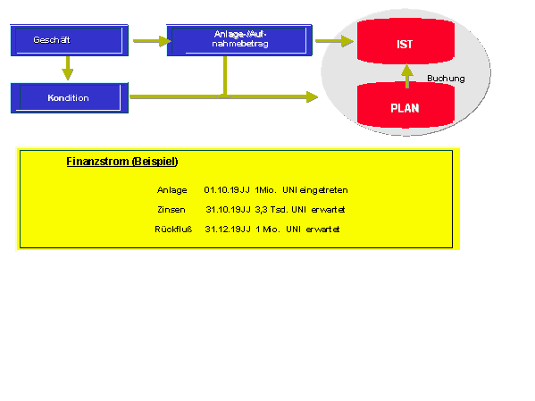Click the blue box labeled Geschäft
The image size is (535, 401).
70,40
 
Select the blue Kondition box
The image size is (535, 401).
70,98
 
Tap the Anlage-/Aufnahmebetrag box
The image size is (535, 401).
239,40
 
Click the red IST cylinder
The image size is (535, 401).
405,41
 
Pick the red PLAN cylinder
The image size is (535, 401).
405,105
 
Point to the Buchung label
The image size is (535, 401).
446,79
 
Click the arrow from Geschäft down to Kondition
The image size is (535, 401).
68,68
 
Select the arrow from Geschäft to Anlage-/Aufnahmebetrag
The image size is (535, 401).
152,41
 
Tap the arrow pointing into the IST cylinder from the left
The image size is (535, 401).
334,41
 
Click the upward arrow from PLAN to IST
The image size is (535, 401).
407,76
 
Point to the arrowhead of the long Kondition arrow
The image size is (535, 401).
313,97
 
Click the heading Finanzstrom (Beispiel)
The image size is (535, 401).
122,162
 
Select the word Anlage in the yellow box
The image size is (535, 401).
172,190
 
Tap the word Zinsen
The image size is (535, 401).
171,210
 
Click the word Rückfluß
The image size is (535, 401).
173,229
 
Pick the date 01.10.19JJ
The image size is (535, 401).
227,190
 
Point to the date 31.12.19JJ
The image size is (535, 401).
228,229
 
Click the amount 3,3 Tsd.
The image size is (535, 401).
271,210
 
